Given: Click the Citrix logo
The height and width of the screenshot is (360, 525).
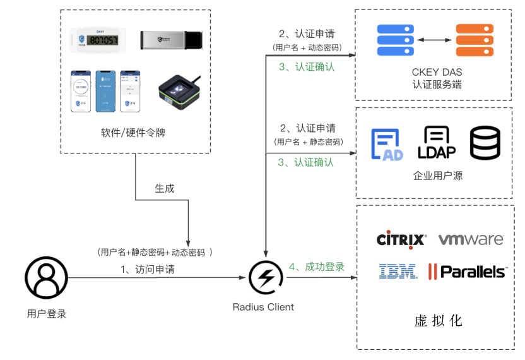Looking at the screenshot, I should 401,239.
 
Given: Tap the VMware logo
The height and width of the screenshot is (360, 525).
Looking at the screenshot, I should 471,239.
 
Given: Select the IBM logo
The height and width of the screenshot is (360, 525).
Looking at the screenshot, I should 398,272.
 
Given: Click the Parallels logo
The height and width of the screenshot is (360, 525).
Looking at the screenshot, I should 467,272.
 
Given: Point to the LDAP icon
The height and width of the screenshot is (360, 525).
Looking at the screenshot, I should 437,143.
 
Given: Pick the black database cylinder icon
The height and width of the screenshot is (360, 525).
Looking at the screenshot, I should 485,143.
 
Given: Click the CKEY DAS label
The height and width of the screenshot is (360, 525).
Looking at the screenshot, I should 436,71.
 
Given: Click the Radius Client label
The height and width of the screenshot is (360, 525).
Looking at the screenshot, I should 263,307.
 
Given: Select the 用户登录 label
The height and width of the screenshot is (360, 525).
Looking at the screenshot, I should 47,313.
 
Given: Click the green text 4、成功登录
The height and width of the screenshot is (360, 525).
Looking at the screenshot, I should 316,267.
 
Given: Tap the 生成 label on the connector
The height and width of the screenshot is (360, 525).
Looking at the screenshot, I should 165,188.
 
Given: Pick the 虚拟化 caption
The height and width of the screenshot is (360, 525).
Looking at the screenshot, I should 438,320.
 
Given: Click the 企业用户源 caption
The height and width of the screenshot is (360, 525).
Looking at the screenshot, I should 437,176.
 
